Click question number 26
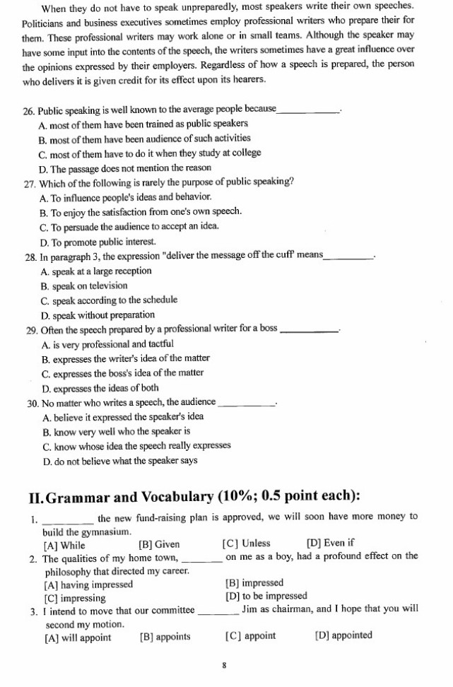29,110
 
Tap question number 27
29,182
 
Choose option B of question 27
141,211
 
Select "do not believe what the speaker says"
120,461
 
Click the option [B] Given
159,544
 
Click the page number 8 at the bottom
224,665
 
